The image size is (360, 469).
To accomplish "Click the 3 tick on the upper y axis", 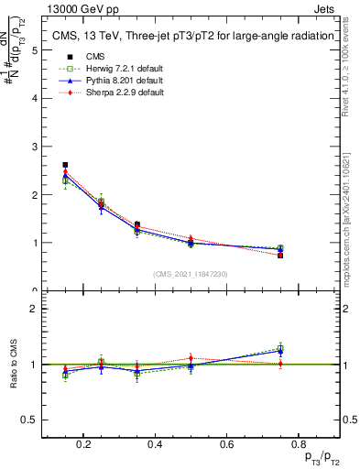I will [35, 147].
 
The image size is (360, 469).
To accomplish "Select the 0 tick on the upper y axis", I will [35, 291].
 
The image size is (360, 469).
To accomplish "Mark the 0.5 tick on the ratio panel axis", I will [30, 420].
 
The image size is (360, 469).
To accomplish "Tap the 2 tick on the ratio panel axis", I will [35, 309].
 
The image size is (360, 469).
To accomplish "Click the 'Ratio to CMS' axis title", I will [12, 365].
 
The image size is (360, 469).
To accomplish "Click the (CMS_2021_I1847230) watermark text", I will [191, 274].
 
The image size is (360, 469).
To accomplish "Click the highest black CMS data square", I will [65, 165].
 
